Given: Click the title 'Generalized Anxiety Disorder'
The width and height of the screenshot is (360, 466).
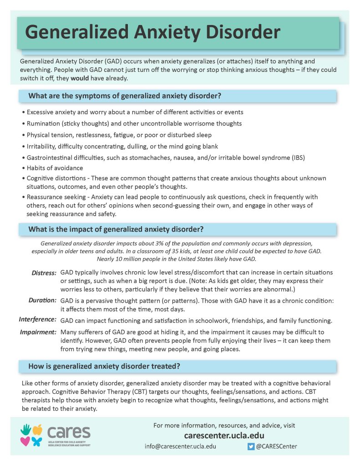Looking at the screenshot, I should [x=152, y=33].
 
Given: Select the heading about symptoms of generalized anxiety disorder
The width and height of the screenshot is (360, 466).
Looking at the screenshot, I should [x=125, y=96].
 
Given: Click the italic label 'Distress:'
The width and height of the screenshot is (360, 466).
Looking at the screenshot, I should [x=44, y=273].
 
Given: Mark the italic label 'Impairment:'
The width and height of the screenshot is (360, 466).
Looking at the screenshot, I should [x=38, y=332].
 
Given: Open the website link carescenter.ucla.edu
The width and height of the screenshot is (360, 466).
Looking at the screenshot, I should [x=224, y=436].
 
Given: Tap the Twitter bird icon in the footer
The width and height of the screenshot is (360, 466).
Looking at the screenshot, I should [x=251, y=446].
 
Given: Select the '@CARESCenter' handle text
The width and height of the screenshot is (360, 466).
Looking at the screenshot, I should [x=276, y=446].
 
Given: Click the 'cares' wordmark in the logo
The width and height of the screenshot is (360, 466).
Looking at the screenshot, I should [x=69, y=431].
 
